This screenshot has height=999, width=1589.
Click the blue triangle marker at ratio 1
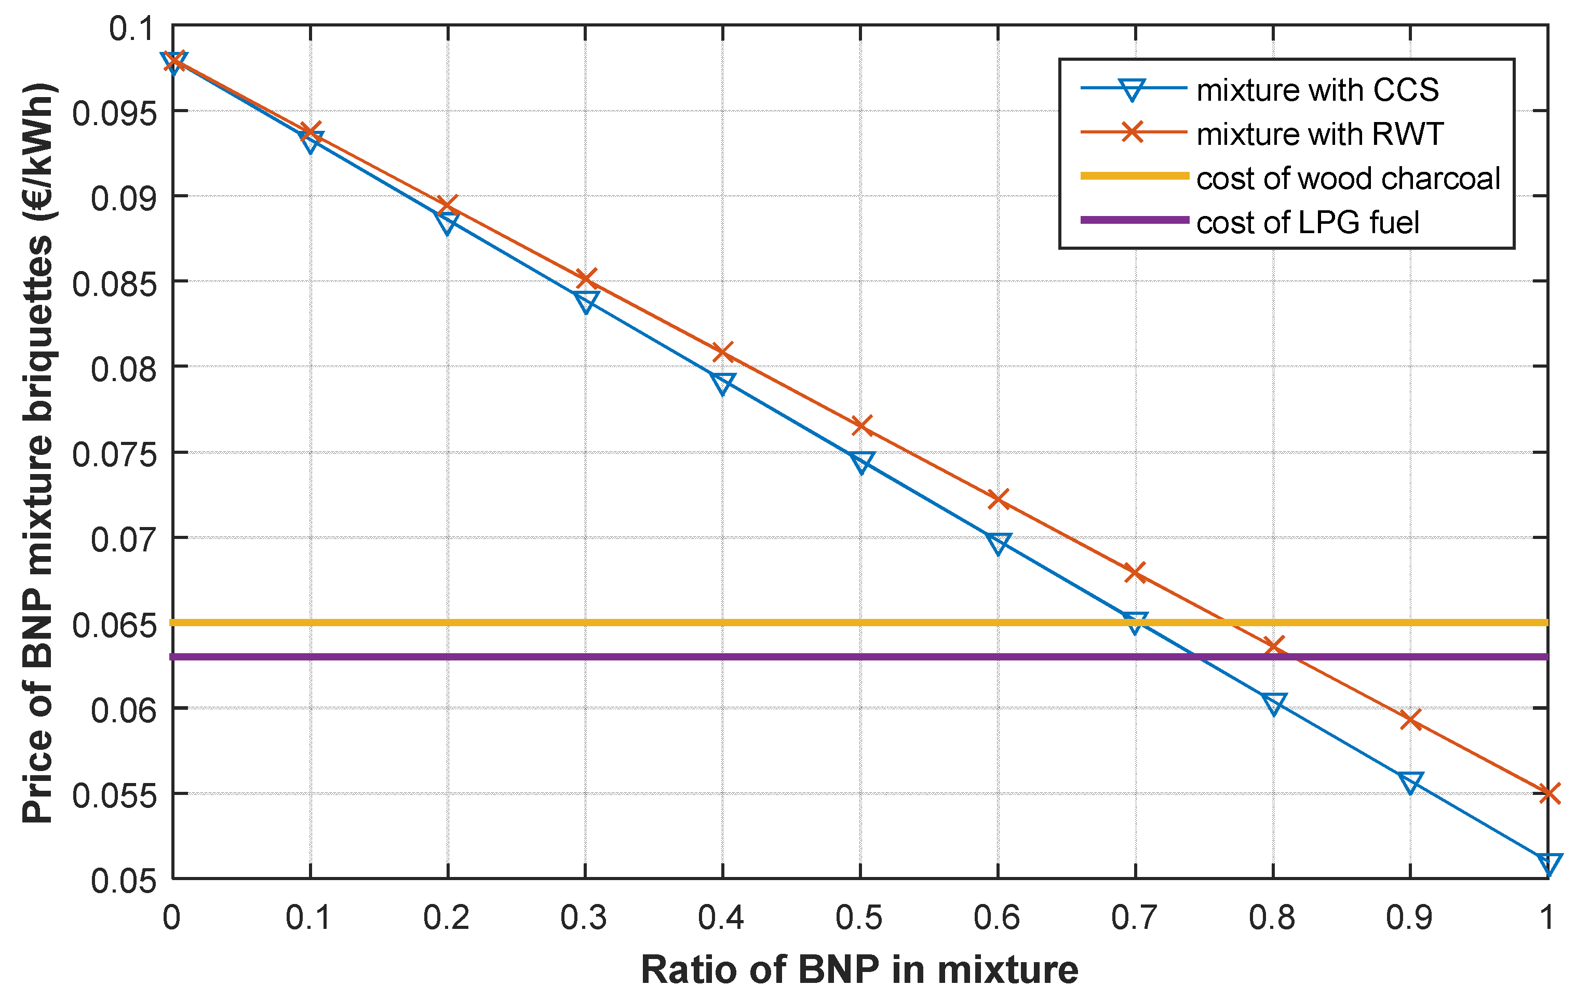[1548, 862]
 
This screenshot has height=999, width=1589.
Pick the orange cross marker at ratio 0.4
[722, 353]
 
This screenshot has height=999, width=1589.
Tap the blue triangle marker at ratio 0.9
[1410, 782]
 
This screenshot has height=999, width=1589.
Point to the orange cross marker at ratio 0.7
[1135, 572]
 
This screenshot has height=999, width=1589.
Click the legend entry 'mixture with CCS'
[1317, 90]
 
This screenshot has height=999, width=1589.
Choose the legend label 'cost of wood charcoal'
[1348, 179]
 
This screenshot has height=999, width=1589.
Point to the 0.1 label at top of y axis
[131, 29]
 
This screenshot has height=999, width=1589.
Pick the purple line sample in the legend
[1134, 220]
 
